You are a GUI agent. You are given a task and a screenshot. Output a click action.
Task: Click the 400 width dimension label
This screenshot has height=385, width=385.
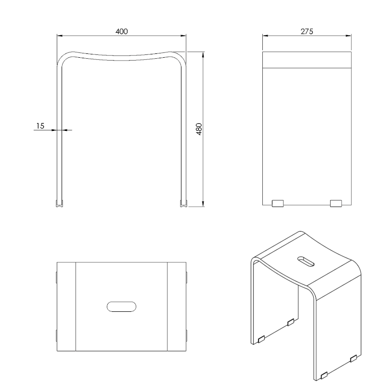pyautogui.click(x=122, y=31)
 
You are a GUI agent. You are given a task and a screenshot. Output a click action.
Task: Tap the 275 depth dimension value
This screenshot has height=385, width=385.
pyautogui.click(x=307, y=31)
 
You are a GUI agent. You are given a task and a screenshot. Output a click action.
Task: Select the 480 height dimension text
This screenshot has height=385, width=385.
pyautogui.click(x=199, y=129)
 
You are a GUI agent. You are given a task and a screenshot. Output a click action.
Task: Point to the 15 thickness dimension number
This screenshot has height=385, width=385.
pyautogui.click(x=40, y=126)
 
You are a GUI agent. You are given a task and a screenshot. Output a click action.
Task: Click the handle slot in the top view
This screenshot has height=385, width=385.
pyautogui.click(x=122, y=307)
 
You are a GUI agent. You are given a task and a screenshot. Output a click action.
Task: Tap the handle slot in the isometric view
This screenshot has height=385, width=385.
pyautogui.click(x=306, y=261)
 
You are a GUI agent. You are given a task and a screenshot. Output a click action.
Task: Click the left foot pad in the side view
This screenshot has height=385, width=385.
pyautogui.click(x=278, y=204)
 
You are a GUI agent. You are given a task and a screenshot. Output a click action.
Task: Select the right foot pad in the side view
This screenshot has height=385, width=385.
pyautogui.click(x=336, y=204)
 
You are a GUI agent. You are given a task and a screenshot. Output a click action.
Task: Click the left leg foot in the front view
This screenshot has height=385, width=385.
pyautogui.click(x=59, y=203)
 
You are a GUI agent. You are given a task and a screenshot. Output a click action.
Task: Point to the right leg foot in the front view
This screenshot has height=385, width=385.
pyautogui.click(x=184, y=203)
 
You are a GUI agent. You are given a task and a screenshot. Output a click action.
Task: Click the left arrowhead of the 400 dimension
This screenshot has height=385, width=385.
pyautogui.click(x=60, y=36)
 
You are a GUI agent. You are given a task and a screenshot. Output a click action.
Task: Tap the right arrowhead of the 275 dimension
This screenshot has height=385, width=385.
pyautogui.click(x=348, y=36)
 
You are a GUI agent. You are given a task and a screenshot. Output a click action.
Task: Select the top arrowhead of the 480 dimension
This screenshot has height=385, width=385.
pyautogui.click(x=203, y=55)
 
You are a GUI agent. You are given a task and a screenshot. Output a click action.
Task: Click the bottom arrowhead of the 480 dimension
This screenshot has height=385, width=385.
pyautogui.click(x=203, y=204)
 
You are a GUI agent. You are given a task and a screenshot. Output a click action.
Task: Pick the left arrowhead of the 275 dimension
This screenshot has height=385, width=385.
pyautogui.click(x=266, y=36)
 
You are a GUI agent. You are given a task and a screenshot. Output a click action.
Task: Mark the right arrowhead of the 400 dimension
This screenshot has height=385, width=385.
pyautogui.click(x=183, y=36)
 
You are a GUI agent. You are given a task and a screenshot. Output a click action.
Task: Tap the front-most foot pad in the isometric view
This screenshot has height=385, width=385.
pyautogui.click(x=324, y=375)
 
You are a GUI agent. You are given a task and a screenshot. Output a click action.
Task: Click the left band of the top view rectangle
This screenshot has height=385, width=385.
pyautogui.click(x=66, y=307)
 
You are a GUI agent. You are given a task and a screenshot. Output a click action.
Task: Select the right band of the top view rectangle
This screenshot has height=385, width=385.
pyautogui.click(x=177, y=307)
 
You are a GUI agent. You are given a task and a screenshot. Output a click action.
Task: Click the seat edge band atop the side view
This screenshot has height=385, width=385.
pyautogui.click(x=307, y=60)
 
